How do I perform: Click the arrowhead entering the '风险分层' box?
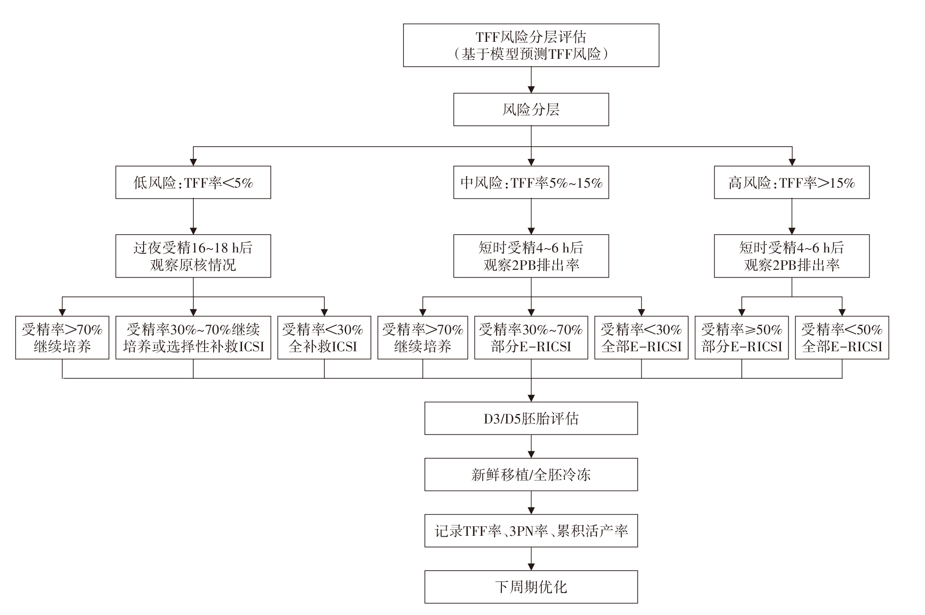click(531, 90)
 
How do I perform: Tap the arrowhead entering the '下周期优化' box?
click(531, 567)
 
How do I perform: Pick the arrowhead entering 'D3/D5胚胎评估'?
click(531, 398)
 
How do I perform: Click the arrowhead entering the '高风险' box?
click(792, 162)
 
